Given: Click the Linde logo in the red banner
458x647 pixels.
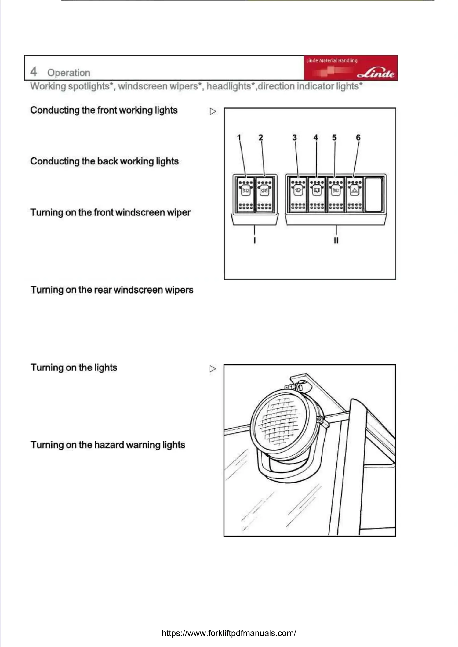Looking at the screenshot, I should point(376,73).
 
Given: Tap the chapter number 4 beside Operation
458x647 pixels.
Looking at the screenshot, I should point(34,72).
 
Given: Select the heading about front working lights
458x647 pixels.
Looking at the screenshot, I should point(104,110).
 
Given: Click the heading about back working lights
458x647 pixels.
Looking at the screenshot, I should point(104,161).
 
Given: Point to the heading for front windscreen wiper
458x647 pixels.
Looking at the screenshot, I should point(110,212).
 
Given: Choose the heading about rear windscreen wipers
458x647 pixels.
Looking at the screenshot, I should point(112,290).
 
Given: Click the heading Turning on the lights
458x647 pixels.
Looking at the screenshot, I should point(74,367).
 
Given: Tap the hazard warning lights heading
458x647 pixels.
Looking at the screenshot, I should point(108,445).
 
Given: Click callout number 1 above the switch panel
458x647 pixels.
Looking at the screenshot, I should point(239,138).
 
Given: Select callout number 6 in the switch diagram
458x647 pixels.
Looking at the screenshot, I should point(358,138).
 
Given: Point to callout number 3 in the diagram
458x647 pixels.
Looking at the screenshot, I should point(294,138).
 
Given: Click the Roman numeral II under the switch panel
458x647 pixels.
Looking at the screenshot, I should point(336,240).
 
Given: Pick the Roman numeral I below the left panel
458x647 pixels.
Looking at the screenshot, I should point(255,240).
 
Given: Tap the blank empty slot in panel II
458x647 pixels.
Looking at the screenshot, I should point(374,194).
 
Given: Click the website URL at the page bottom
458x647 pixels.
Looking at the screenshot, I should point(229,633).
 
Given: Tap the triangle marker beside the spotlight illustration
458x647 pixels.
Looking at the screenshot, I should point(213,369).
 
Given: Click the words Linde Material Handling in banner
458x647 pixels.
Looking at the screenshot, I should point(332,60).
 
